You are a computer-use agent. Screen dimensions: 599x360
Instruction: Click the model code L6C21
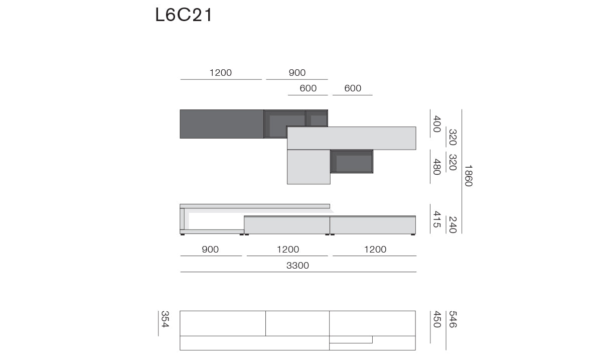pyautogui.click(x=184, y=15)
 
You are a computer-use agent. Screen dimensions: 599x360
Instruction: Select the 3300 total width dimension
pyautogui.click(x=297, y=265)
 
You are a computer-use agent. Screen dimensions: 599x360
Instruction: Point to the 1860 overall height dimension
pyautogui.click(x=469, y=176)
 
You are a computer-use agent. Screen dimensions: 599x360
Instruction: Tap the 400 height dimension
pyautogui.click(x=437, y=124)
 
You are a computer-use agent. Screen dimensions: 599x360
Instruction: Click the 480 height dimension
pyautogui.click(x=437, y=167)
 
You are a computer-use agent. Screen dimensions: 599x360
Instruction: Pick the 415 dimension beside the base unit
pyautogui.click(x=437, y=219)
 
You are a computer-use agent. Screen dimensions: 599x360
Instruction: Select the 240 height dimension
pyautogui.click(x=453, y=225)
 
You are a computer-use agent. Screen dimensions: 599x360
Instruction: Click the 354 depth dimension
pyautogui.click(x=165, y=319)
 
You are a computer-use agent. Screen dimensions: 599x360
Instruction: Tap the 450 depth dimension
pyautogui.click(x=437, y=319)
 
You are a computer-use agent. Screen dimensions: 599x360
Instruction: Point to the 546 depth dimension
pyautogui.click(x=453, y=319)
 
